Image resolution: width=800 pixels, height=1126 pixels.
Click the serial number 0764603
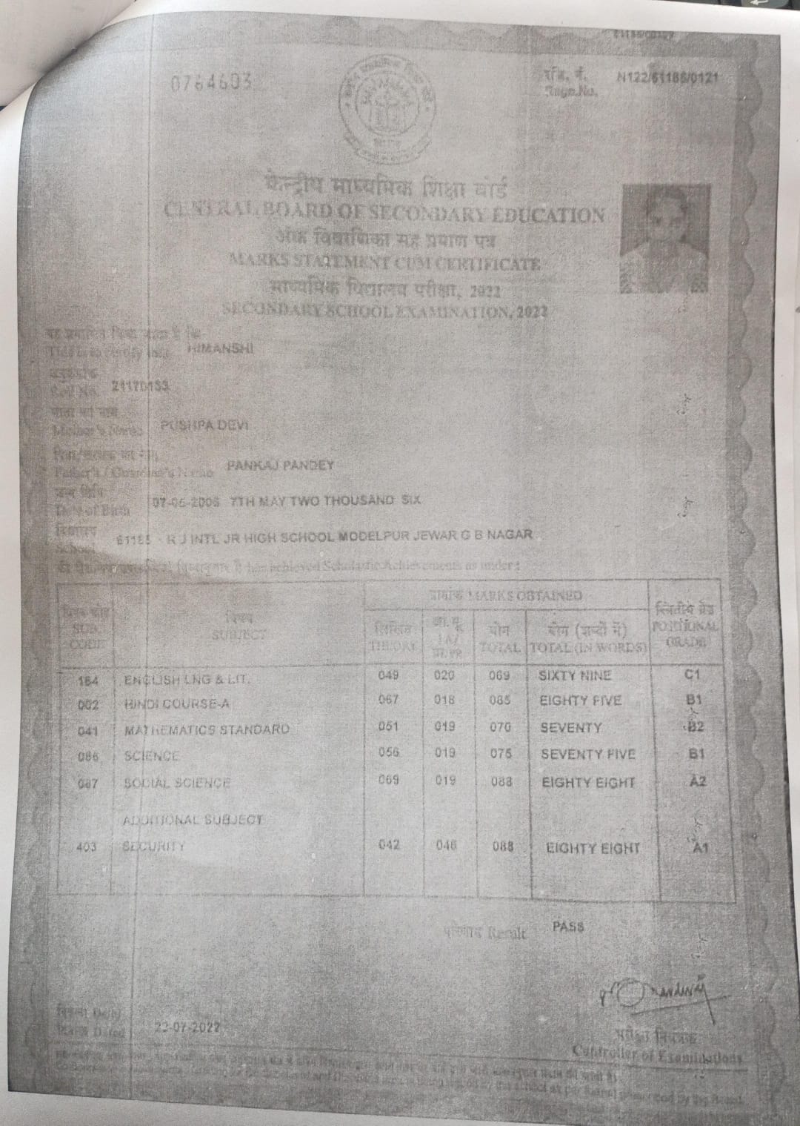coord(211,82)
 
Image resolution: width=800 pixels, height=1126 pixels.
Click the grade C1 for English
coord(694,675)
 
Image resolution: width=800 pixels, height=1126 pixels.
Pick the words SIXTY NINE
coord(576,675)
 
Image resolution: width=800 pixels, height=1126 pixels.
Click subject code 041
coord(87,732)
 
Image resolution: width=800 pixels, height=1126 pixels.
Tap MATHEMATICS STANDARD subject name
coord(207,729)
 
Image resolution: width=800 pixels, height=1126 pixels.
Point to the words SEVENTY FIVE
coord(588,755)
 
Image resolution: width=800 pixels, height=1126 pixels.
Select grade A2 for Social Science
coord(696,781)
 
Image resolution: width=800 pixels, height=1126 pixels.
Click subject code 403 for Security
coord(87,847)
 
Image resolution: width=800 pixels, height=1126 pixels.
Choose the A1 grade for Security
coord(697,848)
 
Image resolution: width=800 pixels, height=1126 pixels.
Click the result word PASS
coord(568,927)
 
